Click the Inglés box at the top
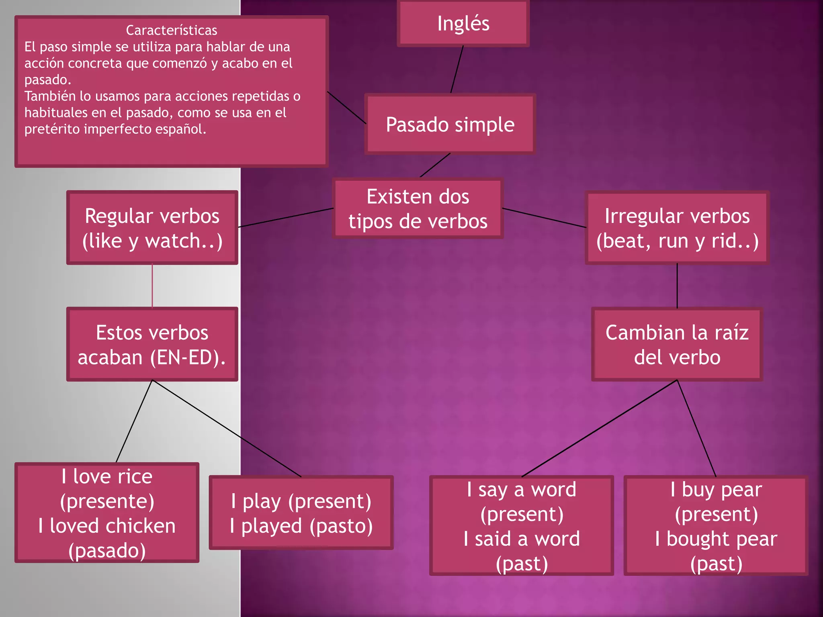(463, 23)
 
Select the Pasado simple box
(450, 124)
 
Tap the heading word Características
(171, 30)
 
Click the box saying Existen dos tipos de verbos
(418, 208)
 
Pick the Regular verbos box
(152, 228)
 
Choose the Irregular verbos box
(677, 228)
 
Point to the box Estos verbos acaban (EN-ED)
(152, 344)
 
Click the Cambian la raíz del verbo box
(677, 344)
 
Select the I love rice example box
(107, 513)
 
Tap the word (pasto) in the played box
(341, 526)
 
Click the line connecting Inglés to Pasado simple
(457, 69)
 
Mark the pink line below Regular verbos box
(152, 285)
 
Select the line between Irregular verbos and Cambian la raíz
(677, 285)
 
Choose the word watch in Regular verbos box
(173, 241)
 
